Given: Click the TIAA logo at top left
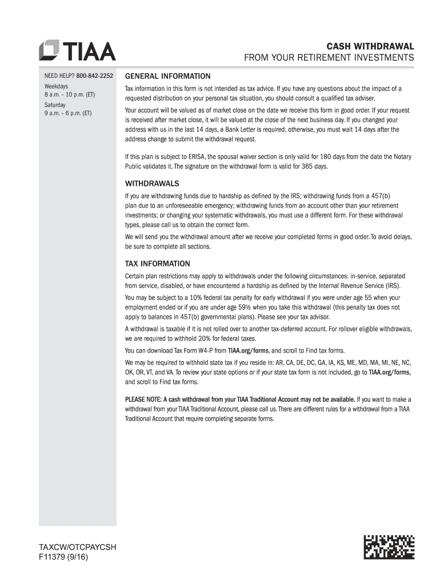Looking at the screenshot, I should tap(77, 50).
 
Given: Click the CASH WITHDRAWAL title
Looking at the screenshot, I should tap(370, 46).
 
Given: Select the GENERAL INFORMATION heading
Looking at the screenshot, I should tap(168, 76).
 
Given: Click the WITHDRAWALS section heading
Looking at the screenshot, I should tap(152, 184).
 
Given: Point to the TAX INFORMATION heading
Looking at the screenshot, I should tap(158, 264).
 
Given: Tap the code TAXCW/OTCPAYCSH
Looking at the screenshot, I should tap(77, 547).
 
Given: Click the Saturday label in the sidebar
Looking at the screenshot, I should tap(55, 105).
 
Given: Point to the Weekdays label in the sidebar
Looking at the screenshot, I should tap(57, 86).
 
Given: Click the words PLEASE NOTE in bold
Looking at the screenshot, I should tap(143, 399).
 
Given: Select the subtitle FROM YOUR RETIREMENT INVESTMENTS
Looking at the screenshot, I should tap(329, 58).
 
